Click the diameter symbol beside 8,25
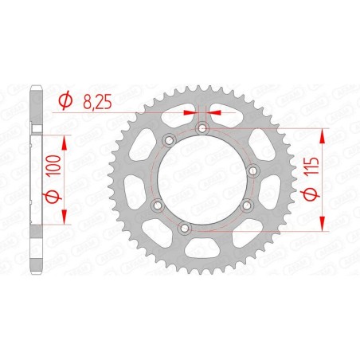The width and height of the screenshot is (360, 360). [x=67, y=100]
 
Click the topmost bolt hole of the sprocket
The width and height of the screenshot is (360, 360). [x=203, y=127]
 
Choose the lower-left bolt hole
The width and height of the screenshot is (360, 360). [x=156, y=205]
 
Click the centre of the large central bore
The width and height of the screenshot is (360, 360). [x=203, y=180]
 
